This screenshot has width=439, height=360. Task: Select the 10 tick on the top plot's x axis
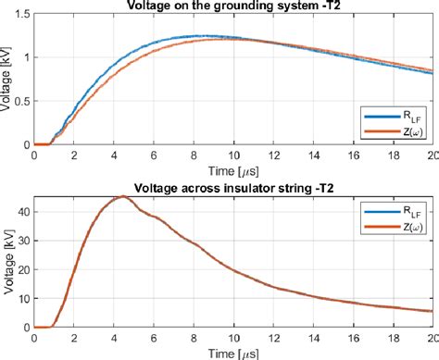pos(234,155)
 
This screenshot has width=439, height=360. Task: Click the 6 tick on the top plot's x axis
pos(154,155)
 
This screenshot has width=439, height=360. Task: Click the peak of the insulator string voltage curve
pos(123,196)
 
